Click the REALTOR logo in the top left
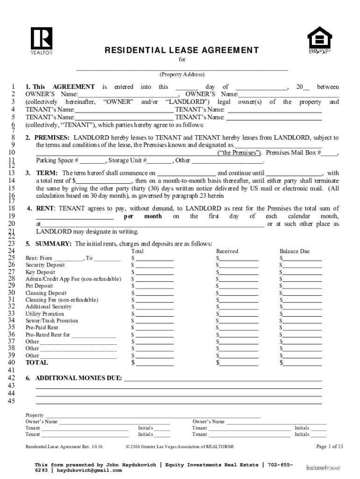coord(42,41)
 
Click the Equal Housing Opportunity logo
coord(319,40)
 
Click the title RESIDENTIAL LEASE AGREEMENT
coord(181,50)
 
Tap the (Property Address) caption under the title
coord(182,74)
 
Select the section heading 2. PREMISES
coord(48,138)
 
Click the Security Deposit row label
coord(45,265)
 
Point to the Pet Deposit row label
coord(39,286)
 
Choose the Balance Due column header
coord(294,251)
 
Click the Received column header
coord(227,251)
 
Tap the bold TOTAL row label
coord(36,363)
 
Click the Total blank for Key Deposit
coord(154,272)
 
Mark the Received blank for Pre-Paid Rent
coord(239,327)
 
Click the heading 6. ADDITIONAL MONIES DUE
coord(74,378)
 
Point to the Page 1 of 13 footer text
coord(330,447)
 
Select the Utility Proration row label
coord(45,314)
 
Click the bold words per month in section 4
coord(143,217)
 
